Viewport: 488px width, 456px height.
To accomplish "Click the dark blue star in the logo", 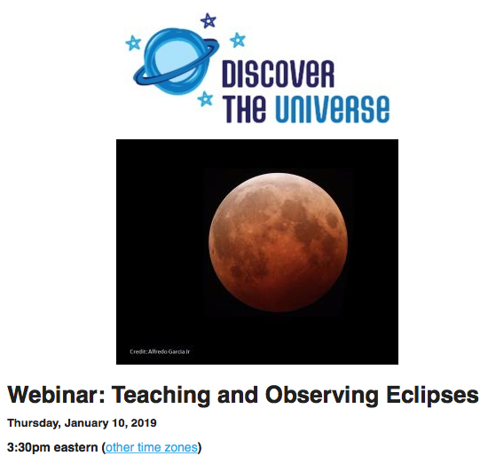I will [x=209, y=20].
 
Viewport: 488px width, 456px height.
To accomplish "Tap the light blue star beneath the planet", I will [x=206, y=99].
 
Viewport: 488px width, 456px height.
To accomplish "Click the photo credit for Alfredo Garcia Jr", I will [x=154, y=352].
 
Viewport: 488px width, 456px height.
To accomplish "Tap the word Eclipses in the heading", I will [x=435, y=395].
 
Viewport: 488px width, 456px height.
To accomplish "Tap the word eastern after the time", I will [x=77, y=447].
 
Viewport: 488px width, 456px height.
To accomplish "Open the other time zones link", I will [x=151, y=447].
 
